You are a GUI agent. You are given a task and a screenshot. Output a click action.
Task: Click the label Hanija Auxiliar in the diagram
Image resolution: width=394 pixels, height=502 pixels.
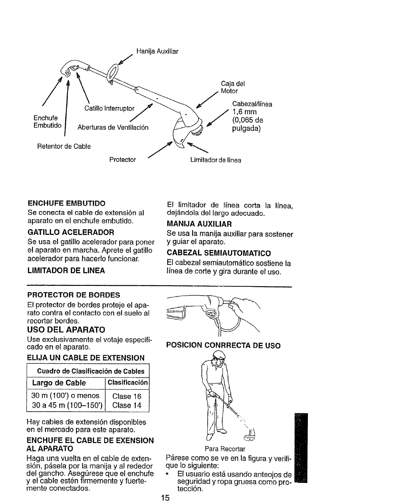157,51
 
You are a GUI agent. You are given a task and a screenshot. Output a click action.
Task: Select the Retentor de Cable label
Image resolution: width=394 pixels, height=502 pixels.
64,146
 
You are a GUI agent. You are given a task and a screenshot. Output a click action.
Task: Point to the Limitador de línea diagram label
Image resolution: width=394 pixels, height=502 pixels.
215,160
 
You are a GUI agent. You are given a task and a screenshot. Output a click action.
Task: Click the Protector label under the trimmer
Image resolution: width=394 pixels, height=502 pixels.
122,160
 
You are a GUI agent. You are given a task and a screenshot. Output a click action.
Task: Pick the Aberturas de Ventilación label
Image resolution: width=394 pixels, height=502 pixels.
113,128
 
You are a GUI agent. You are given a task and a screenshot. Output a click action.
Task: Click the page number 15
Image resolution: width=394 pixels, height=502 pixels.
165,498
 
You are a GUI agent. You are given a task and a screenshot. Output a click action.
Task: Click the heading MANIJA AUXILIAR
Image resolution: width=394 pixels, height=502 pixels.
199,224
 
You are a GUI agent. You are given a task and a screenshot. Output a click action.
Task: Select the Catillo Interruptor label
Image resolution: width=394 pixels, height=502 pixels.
109,109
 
